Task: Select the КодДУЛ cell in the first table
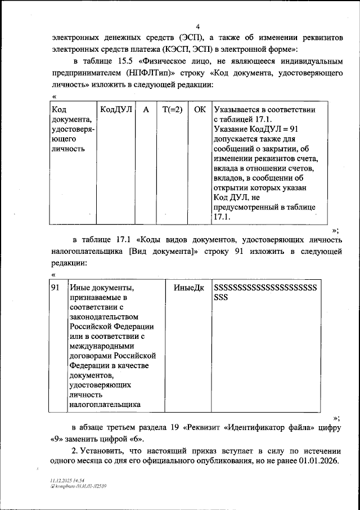point(115,110)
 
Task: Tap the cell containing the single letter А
point(146,110)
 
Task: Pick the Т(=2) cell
point(172,110)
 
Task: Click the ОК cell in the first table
point(200,110)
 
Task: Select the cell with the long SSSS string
point(265,292)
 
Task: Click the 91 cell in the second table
point(56,287)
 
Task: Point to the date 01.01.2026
point(319,462)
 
